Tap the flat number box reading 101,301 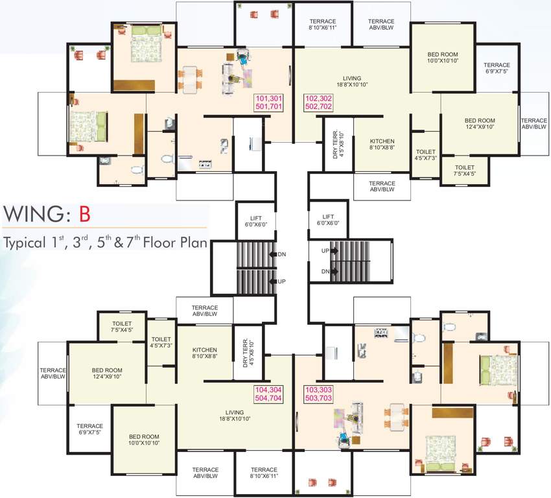[270, 103]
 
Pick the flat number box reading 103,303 [318, 396]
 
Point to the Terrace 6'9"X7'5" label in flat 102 [497, 68]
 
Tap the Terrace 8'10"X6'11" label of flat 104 [264, 473]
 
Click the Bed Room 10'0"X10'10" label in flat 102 [443, 56]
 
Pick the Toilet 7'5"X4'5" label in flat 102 [465, 170]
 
